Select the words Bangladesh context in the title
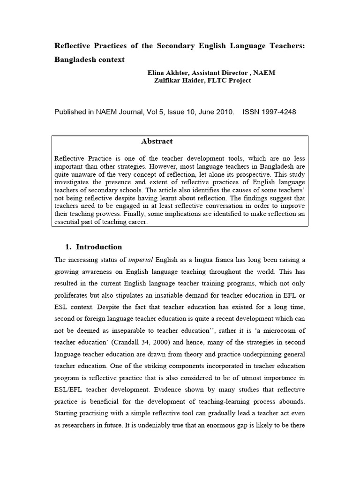click(90, 60)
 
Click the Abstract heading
click(157, 141)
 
